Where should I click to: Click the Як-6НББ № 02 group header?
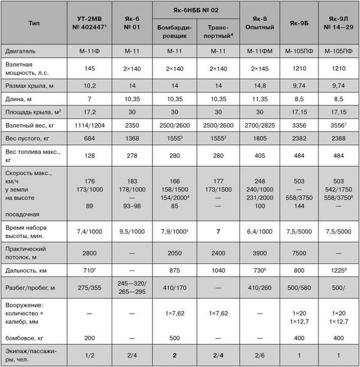(x=195, y=9)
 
